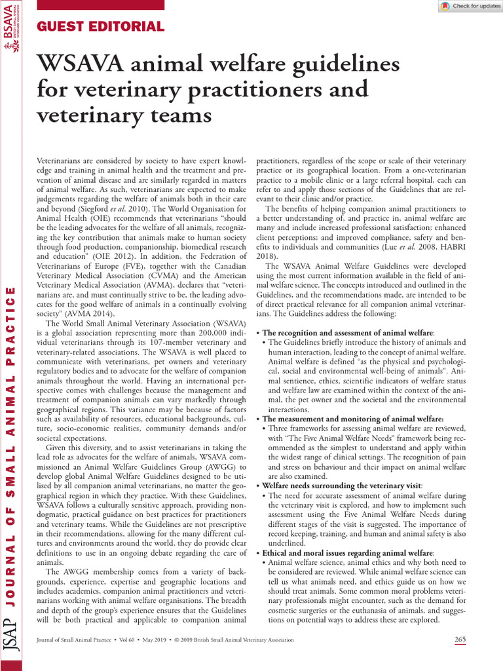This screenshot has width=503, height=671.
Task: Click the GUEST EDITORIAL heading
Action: tap(101, 27)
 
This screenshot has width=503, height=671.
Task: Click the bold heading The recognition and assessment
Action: tap(347, 333)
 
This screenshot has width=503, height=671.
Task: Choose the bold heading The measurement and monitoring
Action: tap(352, 419)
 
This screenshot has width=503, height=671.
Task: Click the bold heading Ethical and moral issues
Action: tap(348, 553)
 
